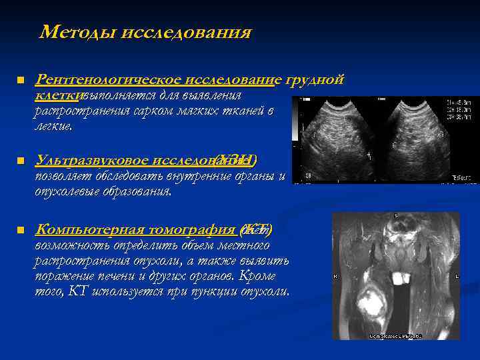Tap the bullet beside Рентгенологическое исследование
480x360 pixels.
tap(20, 81)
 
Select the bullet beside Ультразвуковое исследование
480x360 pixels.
tap(20, 161)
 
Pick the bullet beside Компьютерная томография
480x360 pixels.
tap(20, 230)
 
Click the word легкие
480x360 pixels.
tap(57, 126)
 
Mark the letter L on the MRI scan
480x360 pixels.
tap(456, 276)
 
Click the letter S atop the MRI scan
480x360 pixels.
tap(395, 217)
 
